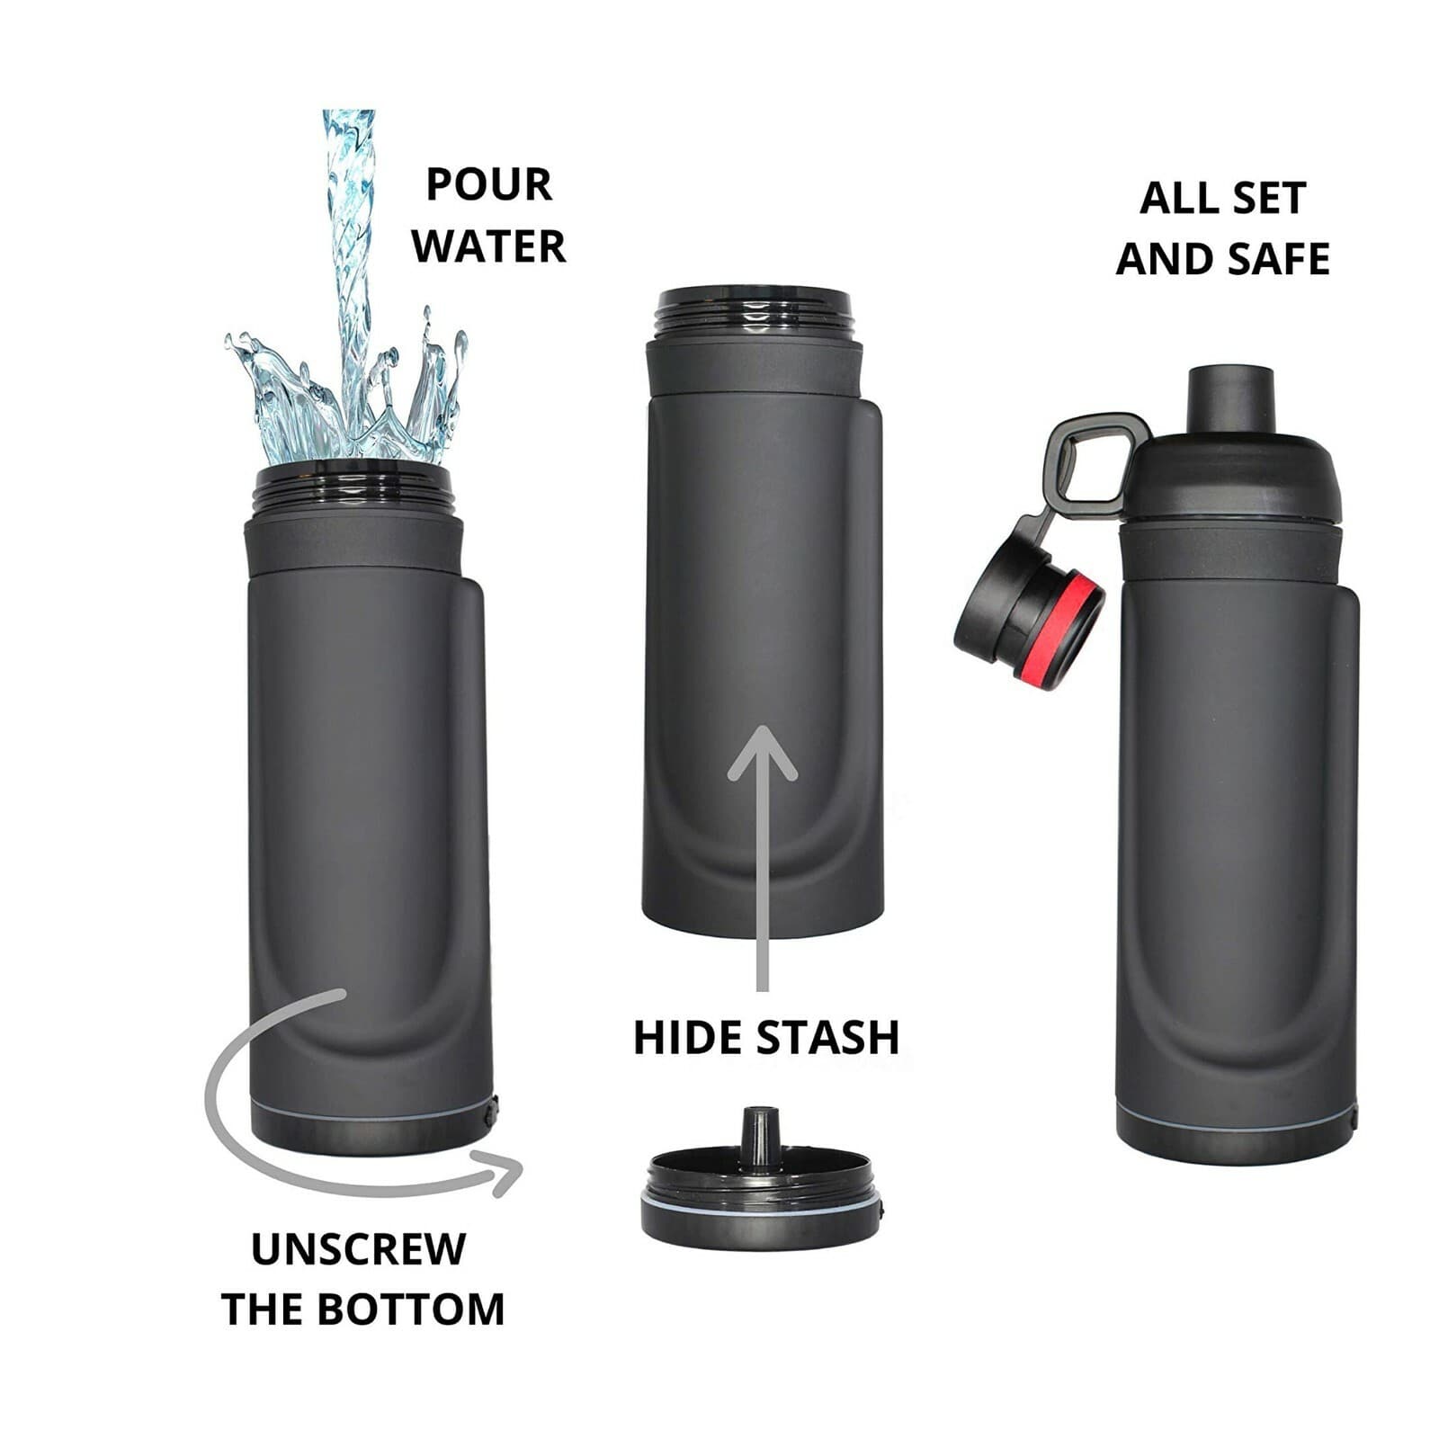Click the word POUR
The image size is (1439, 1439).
(x=488, y=184)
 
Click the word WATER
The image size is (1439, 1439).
(x=488, y=246)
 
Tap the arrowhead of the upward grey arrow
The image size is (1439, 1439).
(x=763, y=754)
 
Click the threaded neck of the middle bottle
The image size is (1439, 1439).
(x=754, y=315)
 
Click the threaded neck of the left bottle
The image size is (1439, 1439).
(x=353, y=490)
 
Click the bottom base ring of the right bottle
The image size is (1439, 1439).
(x=1237, y=1138)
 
